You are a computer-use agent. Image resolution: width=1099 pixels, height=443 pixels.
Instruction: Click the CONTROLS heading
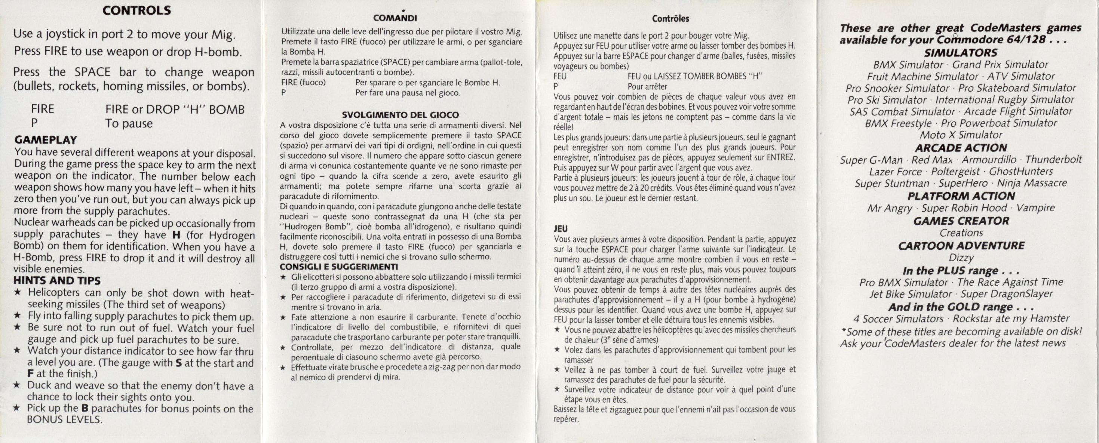(136, 11)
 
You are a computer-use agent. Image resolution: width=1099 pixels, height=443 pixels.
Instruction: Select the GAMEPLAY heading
(46, 140)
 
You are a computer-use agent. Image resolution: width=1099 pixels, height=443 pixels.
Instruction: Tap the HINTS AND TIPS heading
(57, 280)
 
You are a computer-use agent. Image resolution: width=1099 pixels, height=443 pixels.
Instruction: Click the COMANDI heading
(395, 18)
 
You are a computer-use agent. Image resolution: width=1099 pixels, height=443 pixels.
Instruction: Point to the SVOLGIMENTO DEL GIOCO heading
(400, 115)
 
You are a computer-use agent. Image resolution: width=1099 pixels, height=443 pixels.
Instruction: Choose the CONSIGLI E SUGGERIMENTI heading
(339, 267)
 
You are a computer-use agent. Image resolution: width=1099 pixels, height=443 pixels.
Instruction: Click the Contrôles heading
(670, 19)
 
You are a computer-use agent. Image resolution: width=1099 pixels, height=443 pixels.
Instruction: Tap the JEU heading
(560, 229)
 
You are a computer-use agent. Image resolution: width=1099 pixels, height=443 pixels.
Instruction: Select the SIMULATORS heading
(960, 53)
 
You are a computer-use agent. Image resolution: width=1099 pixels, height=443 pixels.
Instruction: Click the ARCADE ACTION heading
(961, 148)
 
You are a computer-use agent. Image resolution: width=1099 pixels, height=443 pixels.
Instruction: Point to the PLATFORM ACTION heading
(961, 196)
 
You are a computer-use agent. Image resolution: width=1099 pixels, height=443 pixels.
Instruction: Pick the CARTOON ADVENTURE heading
(961, 246)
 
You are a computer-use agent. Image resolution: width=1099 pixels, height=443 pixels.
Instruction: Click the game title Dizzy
(961, 258)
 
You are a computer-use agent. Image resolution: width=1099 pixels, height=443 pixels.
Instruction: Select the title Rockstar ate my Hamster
(1011, 319)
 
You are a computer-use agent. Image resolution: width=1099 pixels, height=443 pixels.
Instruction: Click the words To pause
(129, 124)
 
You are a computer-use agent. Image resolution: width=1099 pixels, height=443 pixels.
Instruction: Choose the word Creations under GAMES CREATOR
(961, 233)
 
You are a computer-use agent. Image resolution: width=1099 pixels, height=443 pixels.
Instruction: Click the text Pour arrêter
(647, 87)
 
